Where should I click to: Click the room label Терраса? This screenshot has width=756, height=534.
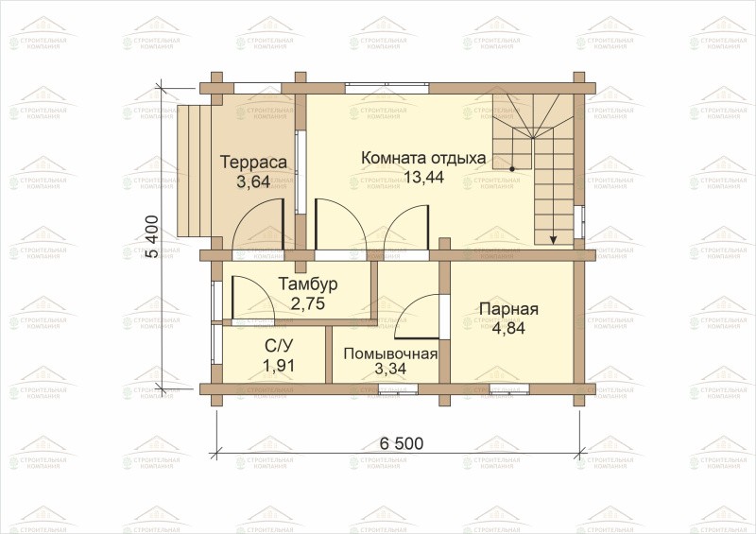click(253, 162)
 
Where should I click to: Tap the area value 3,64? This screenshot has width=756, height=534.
click(253, 182)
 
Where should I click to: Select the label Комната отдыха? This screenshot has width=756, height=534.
click(423, 158)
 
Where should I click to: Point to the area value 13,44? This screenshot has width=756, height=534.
click(423, 177)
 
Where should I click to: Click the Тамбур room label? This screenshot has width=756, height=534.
click(308, 284)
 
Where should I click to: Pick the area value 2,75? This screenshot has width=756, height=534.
click(308, 303)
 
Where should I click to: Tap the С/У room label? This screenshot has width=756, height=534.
click(279, 346)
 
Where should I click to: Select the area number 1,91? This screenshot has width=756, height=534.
click(279, 366)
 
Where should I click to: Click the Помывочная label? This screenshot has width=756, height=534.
click(390, 354)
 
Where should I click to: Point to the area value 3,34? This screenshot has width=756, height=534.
click(390, 369)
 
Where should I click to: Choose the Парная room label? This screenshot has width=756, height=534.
click(508, 309)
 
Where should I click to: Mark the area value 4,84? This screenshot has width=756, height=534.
click(508, 328)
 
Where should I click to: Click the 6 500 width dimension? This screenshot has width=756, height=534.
click(401, 443)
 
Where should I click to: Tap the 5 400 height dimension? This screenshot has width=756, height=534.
click(151, 237)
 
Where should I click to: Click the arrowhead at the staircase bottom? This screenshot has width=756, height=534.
click(554, 238)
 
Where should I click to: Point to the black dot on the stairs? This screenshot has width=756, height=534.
click(512, 169)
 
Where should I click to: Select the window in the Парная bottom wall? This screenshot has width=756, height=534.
click(509, 388)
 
